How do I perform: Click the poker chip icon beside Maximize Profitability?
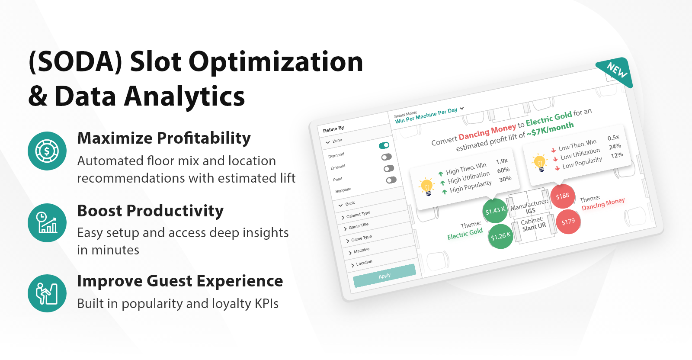pyautogui.click(x=47, y=151)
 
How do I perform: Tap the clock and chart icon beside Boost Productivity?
pyautogui.click(x=47, y=222)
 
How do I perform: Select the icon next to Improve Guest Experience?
pyautogui.click(x=47, y=293)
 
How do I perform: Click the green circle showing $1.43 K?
pyautogui.click(x=495, y=210)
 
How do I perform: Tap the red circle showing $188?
pyautogui.click(x=563, y=196)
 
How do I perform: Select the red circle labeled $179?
pyautogui.click(x=568, y=222)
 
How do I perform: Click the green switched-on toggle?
pyautogui.click(x=384, y=145)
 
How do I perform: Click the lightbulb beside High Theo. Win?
pyautogui.click(x=427, y=186)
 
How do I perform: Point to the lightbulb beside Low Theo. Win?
pyautogui.click(x=539, y=162)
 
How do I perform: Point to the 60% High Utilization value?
pyautogui.click(x=503, y=170)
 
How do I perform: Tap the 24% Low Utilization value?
pyautogui.click(x=615, y=147)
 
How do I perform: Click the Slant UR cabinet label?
pyautogui.click(x=534, y=227)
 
